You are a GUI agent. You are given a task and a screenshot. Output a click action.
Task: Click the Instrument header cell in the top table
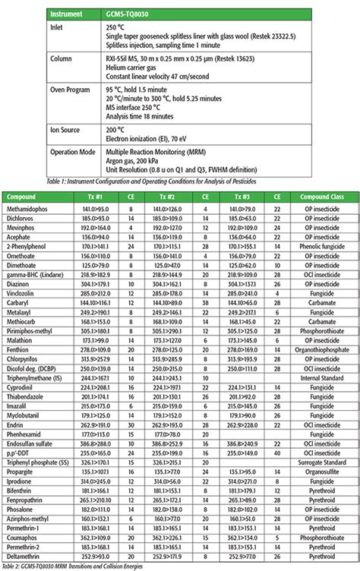(x=72, y=14)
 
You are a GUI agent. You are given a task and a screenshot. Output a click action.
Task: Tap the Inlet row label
(x=60, y=27)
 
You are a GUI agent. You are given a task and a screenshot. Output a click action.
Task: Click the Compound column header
(x=23, y=196)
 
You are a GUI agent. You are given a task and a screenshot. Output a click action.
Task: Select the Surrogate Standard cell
(x=320, y=461)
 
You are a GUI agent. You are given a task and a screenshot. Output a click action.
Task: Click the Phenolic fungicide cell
(x=320, y=247)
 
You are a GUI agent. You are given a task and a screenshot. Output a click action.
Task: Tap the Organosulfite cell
(x=320, y=471)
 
